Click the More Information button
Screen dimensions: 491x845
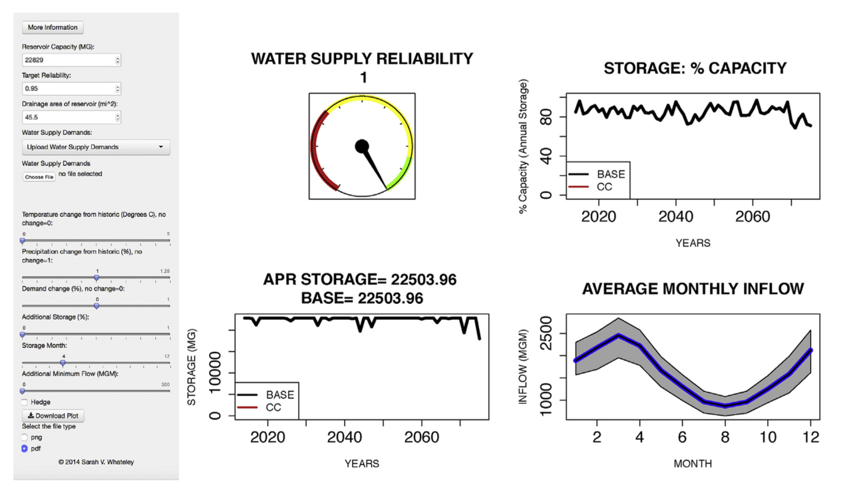coord(53,27)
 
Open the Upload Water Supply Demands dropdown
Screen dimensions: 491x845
coord(96,147)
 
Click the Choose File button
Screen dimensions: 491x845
coord(39,177)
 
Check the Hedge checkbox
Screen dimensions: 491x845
coord(25,402)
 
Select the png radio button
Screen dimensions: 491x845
coord(25,437)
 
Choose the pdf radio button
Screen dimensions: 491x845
coord(25,448)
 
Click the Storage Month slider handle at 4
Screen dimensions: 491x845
coord(63,363)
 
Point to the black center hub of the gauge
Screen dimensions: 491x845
coord(362,146)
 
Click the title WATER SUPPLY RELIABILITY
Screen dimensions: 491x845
coord(362,59)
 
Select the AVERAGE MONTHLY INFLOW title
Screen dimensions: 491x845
coord(693,289)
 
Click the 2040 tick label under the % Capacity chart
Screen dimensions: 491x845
coord(675,218)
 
